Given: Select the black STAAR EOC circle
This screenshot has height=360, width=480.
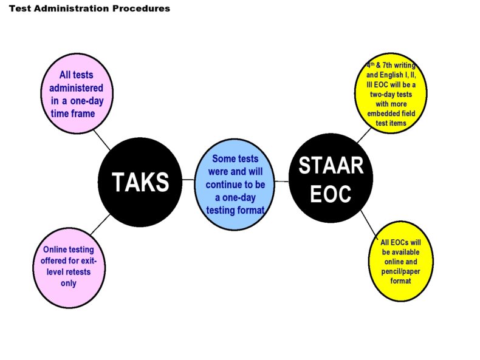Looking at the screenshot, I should [331, 179].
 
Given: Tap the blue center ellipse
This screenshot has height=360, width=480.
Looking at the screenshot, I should [235, 185].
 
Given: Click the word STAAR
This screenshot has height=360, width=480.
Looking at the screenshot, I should [331, 165].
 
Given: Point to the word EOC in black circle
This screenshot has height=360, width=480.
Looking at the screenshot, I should [331, 194].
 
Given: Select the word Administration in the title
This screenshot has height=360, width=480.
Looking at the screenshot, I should [70, 8].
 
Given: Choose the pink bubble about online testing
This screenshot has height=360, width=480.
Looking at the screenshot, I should [69, 267].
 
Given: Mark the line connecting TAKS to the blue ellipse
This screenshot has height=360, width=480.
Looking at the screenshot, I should [189, 180].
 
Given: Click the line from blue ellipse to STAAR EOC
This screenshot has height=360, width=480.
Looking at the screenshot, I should [281, 182].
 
